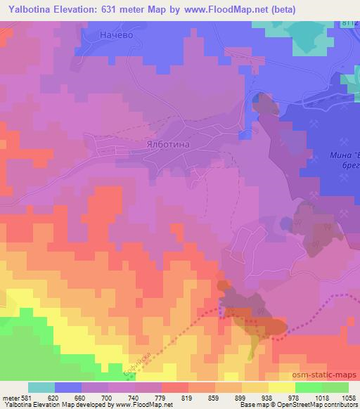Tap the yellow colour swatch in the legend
point(281,387)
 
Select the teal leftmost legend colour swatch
point(41,387)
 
